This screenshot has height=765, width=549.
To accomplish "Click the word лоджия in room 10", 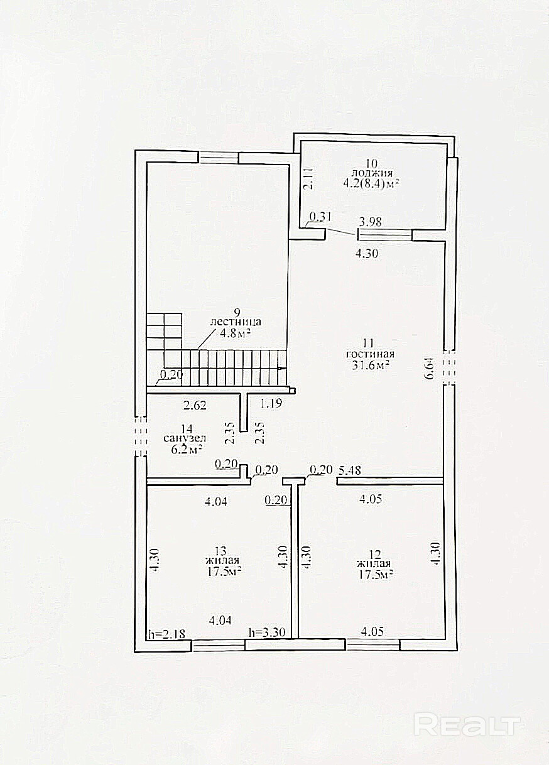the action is (x=372, y=173).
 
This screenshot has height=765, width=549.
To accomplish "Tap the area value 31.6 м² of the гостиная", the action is (x=371, y=366).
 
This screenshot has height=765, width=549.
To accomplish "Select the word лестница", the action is (x=236, y=322).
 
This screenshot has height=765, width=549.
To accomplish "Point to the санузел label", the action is (x=185, y=438).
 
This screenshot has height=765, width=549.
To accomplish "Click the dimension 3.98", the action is (x=371, y=222).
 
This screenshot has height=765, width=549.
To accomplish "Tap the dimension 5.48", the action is (x=349, y=470).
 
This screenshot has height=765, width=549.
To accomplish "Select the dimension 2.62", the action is (x=195, y=405).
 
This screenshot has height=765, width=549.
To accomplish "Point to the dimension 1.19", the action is (x=271, y=404).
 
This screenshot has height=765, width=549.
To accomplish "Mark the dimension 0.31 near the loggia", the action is (x=321, y=217).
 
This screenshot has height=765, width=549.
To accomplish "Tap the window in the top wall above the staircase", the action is (x=219, y=158).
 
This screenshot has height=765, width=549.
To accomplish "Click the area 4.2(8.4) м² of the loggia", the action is (x=372, y=184).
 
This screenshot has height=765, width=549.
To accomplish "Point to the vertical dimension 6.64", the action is (x=428, y=369).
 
